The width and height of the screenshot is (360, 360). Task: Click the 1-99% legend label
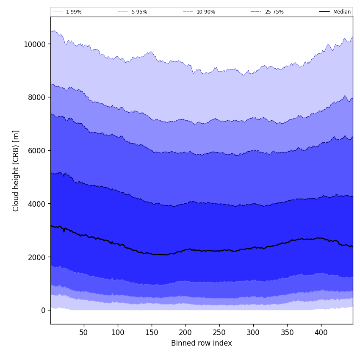tap(74, 12)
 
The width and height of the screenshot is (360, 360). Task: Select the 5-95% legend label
tap(139, 12)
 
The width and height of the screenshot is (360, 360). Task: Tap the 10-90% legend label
tap(206, 12)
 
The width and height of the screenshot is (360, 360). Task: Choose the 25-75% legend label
tap(274, 12)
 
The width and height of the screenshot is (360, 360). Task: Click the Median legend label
tap(342, 12)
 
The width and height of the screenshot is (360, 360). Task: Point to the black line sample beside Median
tap(324, 12)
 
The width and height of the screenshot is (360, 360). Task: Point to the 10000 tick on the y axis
tap(36, 44)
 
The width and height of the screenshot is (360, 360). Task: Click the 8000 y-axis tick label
tap(37, 97)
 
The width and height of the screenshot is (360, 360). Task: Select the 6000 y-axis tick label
tap(37, 150)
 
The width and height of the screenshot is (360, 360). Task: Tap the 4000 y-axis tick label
tap(37, 204)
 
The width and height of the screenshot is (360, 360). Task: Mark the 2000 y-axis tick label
tap(37, 257)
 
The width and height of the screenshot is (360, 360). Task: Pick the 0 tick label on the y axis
tap(44, 310)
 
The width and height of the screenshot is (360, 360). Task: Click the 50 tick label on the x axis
tap(84, 333)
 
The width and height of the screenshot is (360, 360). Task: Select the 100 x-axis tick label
tap(118, 333)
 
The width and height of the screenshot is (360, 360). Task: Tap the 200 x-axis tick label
tap(186, 333)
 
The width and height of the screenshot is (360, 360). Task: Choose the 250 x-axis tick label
tap(219, 333)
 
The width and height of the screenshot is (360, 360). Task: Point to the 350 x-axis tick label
tap(287, 333)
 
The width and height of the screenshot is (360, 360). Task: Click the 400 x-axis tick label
tap(321, 333)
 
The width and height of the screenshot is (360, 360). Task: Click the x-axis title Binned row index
tap(202, 343)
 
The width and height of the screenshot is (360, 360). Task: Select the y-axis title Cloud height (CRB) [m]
tap(16, 171)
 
